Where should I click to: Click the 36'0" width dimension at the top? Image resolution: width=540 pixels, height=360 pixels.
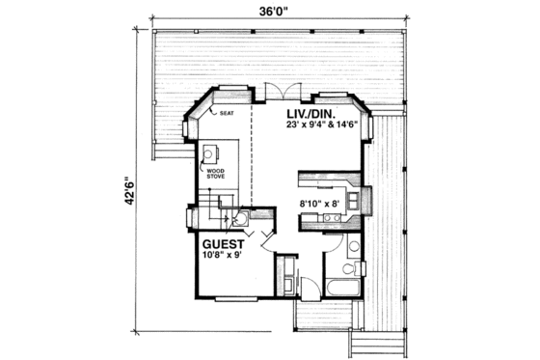point(269,13)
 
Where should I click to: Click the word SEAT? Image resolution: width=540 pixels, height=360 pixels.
point(228,113)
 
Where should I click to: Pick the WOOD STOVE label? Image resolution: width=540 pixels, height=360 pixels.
point(215,174)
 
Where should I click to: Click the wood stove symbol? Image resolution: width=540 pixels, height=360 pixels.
point(209,153)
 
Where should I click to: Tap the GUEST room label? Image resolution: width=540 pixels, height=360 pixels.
point(224,244)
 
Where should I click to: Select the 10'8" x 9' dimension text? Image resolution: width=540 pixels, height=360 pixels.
point(225,257)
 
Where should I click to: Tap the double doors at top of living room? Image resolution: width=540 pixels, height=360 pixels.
point(275,92)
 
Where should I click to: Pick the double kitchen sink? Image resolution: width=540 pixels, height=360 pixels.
point(330,220)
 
